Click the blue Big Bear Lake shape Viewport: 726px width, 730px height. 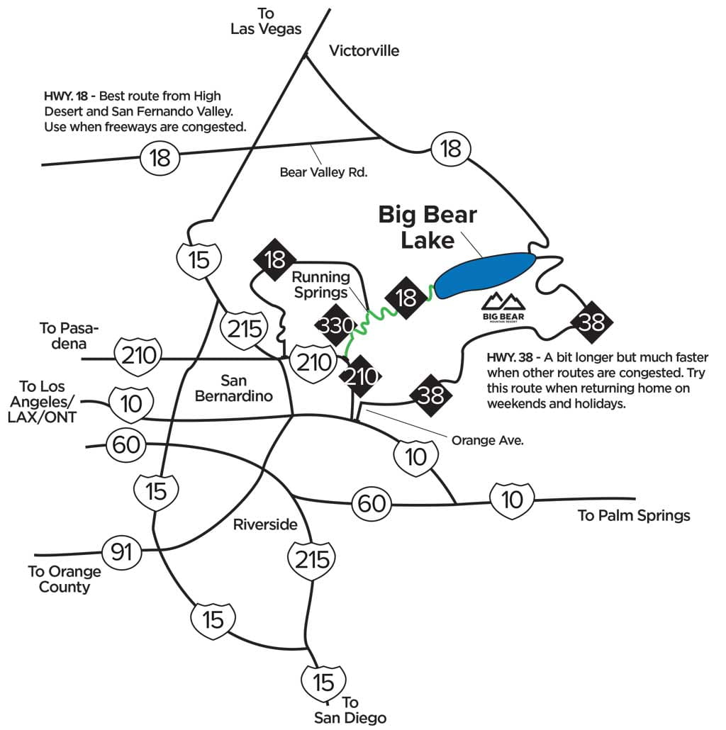[x=484, y=275]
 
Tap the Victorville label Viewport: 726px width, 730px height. [x=364, y=50]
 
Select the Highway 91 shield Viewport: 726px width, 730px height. [x=121, y=551]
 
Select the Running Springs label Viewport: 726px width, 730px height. [x=321, y=283]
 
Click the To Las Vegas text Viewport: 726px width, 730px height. [x=267, y=21]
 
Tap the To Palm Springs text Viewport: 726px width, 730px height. [x=634, y=515]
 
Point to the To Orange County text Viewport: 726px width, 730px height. [x=64, y=579]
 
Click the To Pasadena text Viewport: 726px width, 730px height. [x=69, y=335]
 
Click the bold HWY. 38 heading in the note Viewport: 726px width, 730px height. [x=510, y=357]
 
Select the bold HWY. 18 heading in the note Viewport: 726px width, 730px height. [x=66, y=95]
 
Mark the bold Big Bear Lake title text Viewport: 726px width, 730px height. [x=428, y=227]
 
